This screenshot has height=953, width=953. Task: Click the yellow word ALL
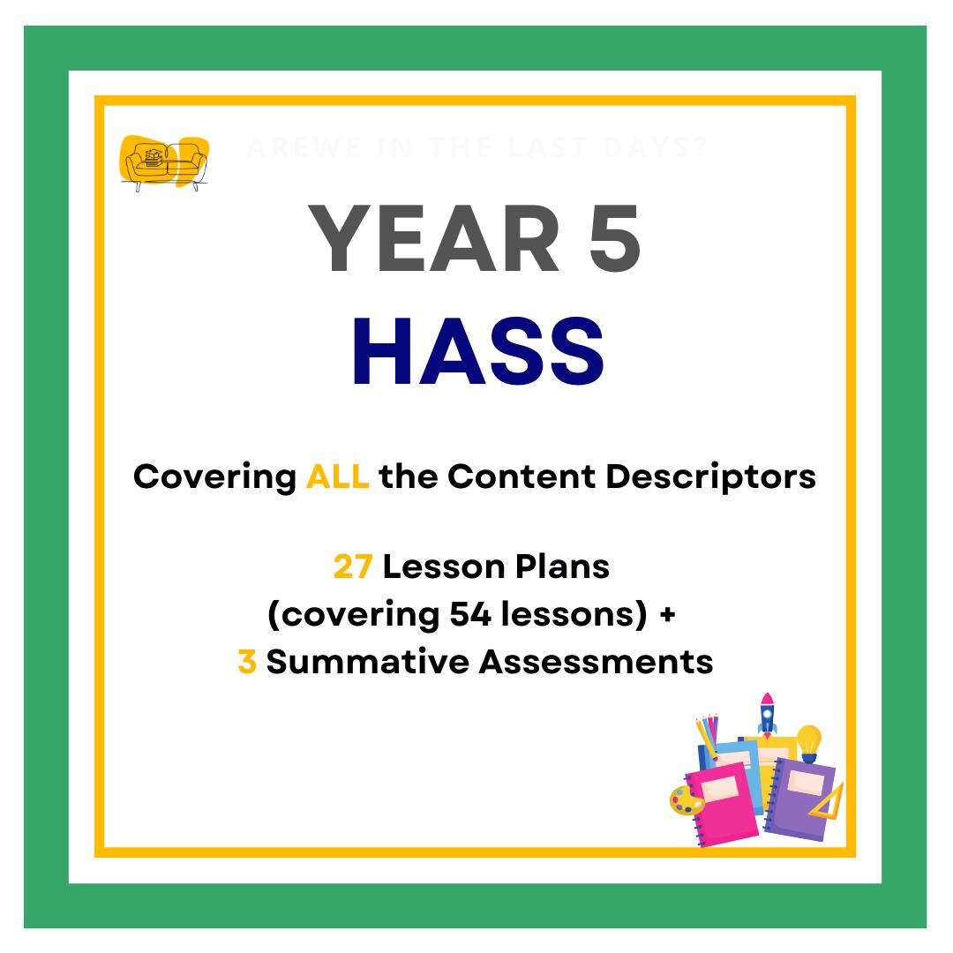pyautogui.click(x=337, y=477)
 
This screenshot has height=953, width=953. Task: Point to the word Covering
pyautogui.click(x=214, y=477)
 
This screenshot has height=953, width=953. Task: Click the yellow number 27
pyautogui.click(x=352, y=567)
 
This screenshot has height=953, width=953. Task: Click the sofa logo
pyautogui.click(x=165, y=163)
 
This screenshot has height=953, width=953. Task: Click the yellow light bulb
pyautogui.click(x=808, y=742)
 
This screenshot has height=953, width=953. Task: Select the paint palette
pyautogui.click(x=687, y=801)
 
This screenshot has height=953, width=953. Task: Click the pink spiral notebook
pyautogui.click(x=724, y=803)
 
